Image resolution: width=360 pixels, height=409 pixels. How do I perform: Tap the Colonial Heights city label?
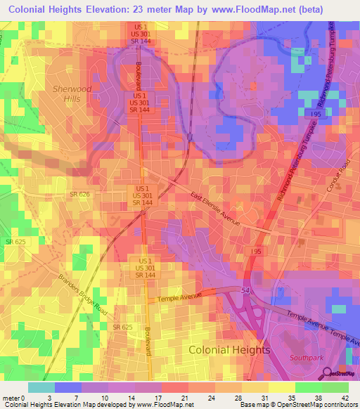point(229,349)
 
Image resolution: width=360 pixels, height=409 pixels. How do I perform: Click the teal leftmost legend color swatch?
point(41,387)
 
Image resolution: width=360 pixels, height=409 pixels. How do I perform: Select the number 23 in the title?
point(126,11)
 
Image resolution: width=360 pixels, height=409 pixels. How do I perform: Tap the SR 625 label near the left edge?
point(15,242)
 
